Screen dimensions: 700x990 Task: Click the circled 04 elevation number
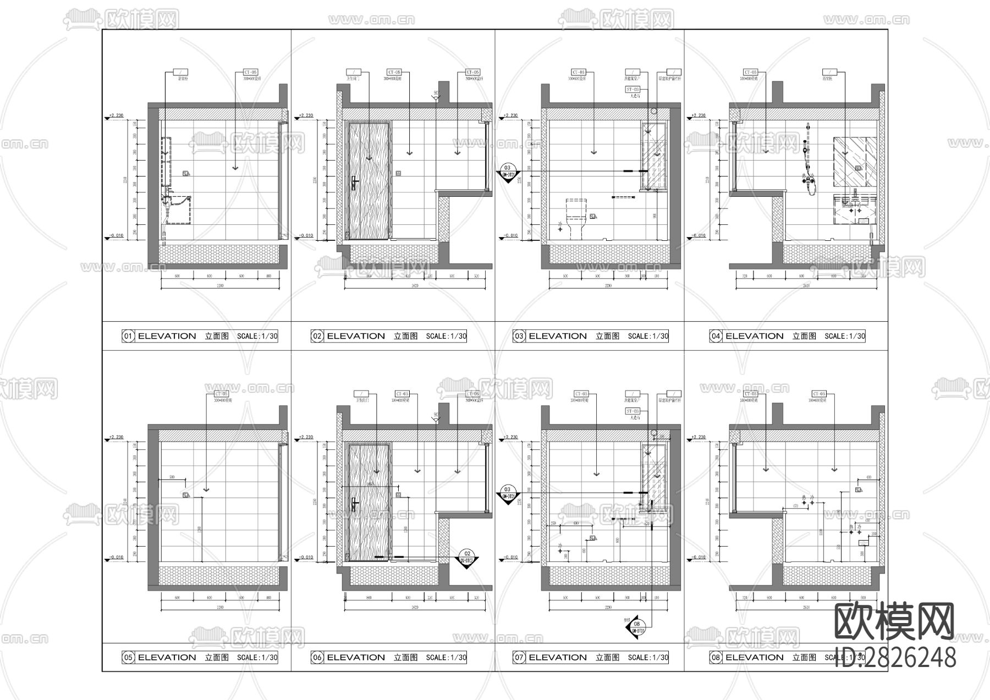[716, 336]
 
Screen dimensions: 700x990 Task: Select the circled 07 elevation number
[519, 657]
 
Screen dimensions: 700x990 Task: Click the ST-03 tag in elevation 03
[632, 89]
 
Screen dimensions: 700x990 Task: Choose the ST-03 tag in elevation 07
[632, 411]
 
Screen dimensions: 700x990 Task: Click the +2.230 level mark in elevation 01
[116, 115]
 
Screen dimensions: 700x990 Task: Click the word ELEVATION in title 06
[356, 657]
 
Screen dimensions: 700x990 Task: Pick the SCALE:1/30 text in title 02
[446, 336]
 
